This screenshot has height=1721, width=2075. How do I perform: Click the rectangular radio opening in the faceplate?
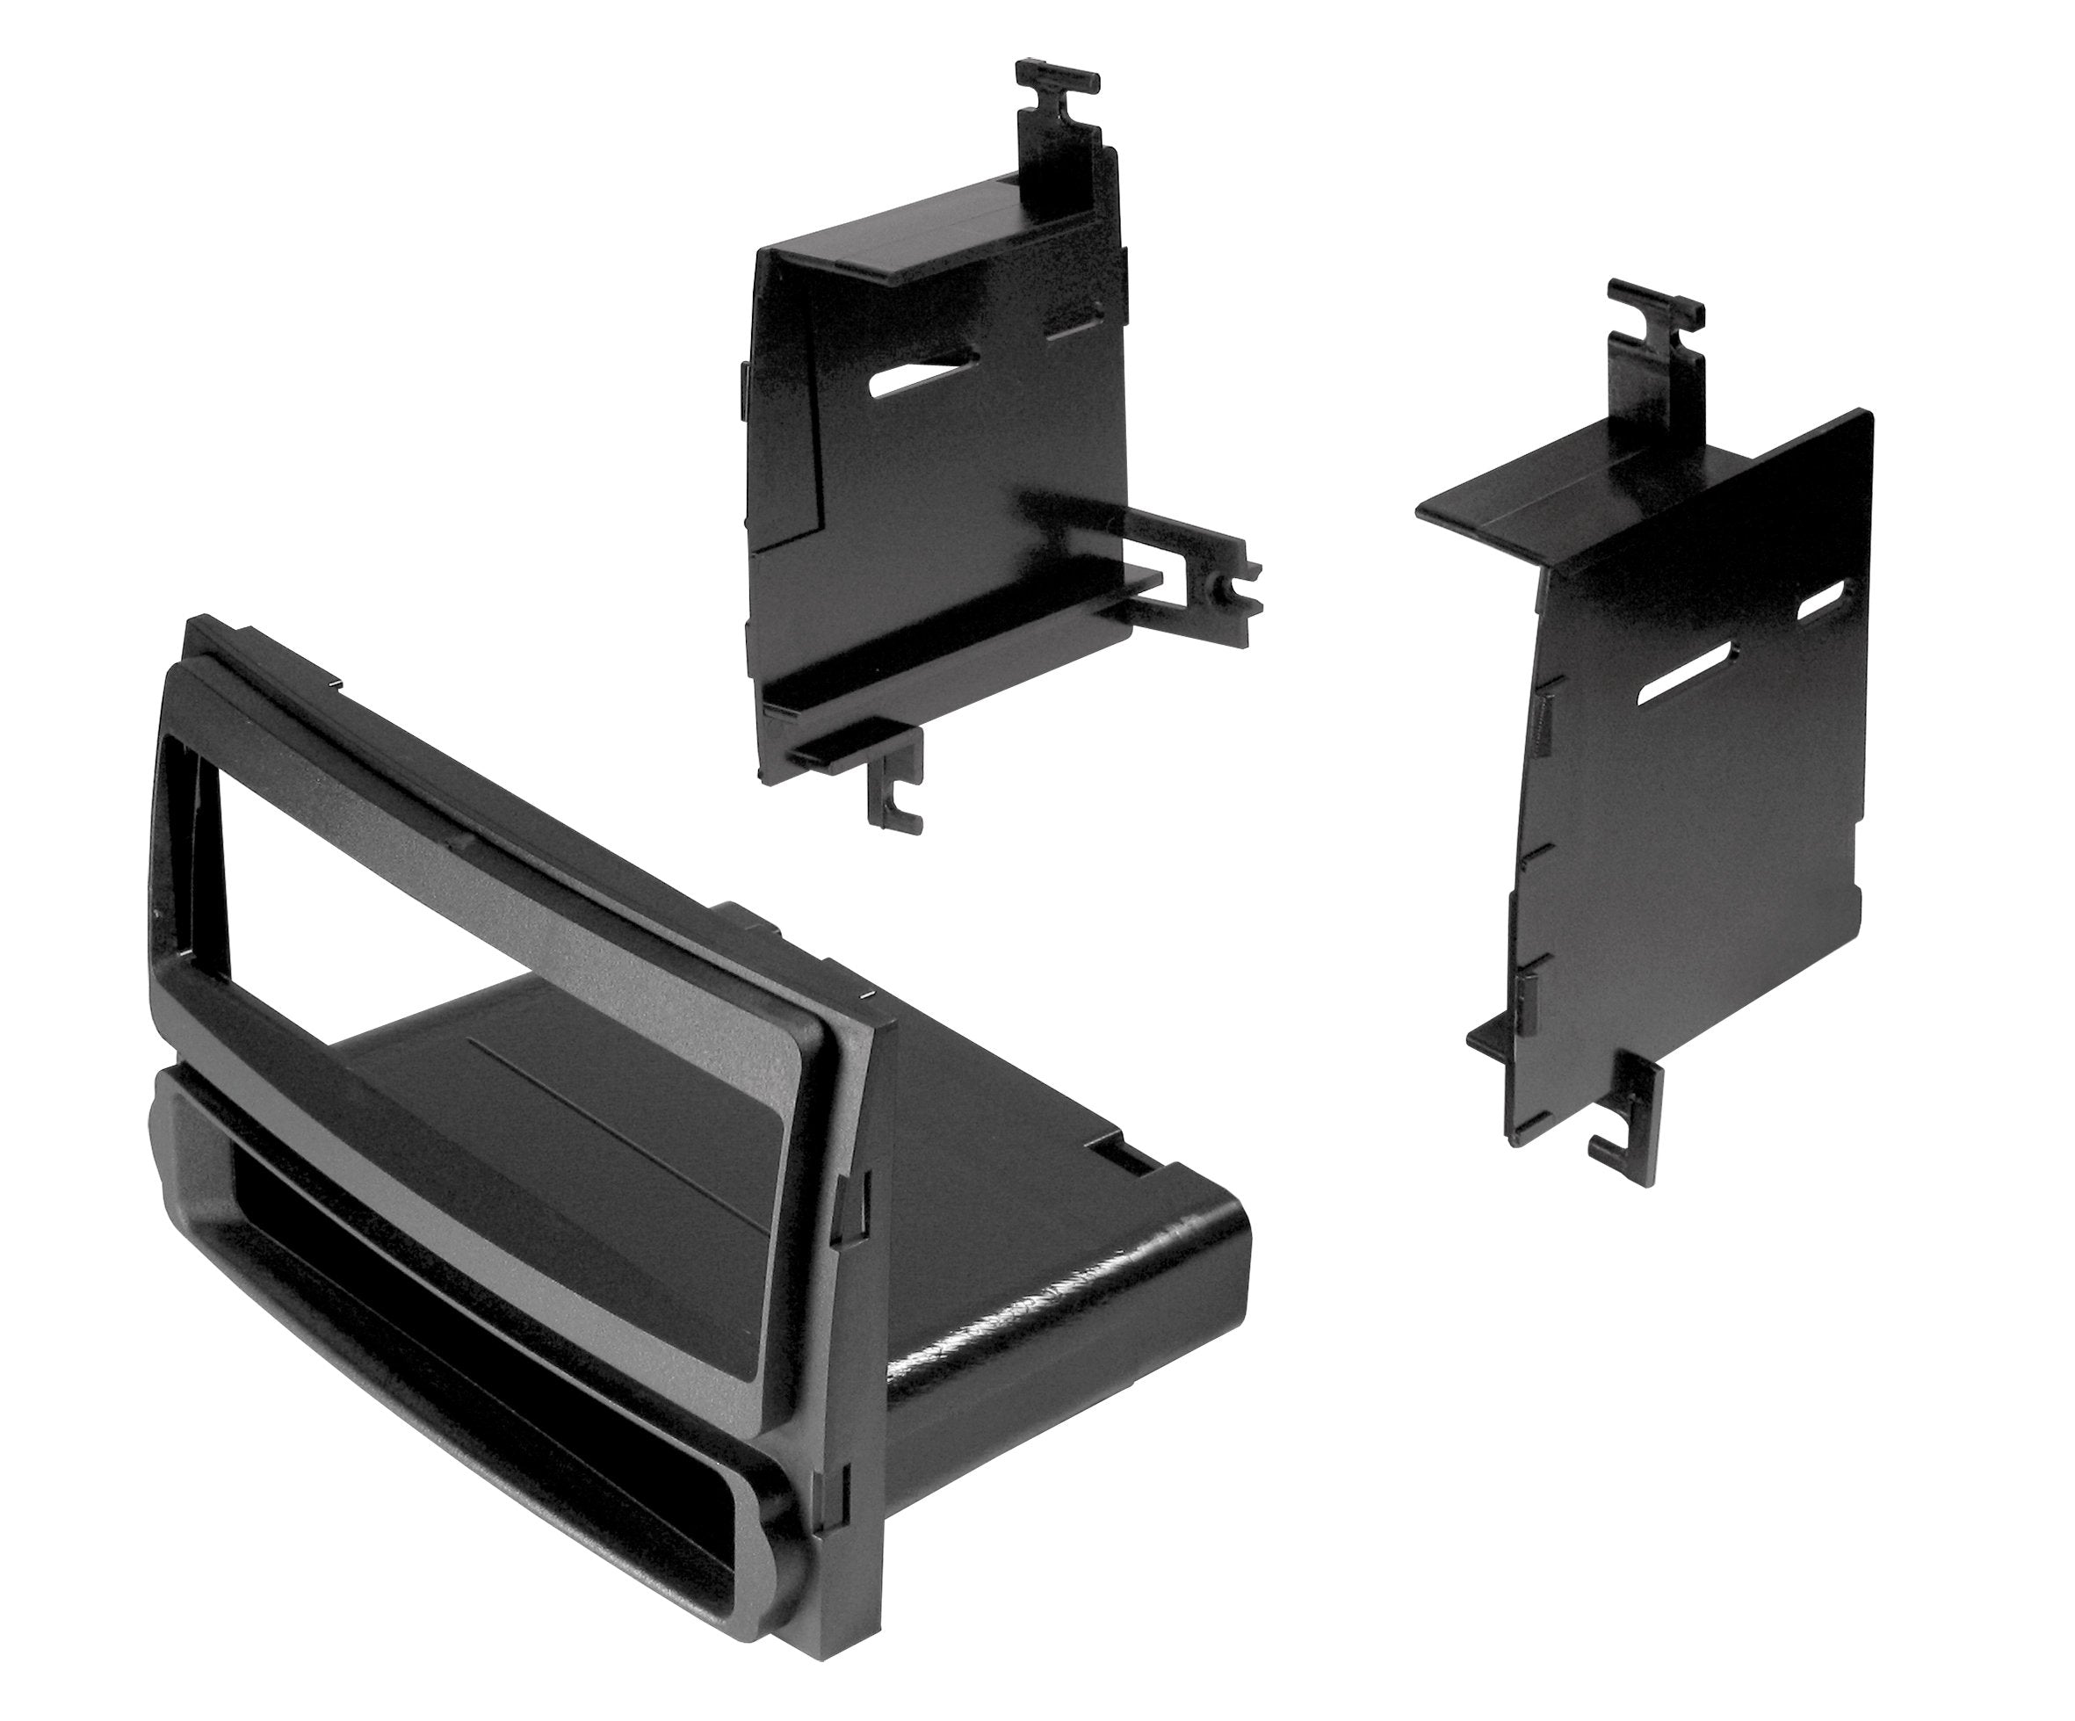474,879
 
